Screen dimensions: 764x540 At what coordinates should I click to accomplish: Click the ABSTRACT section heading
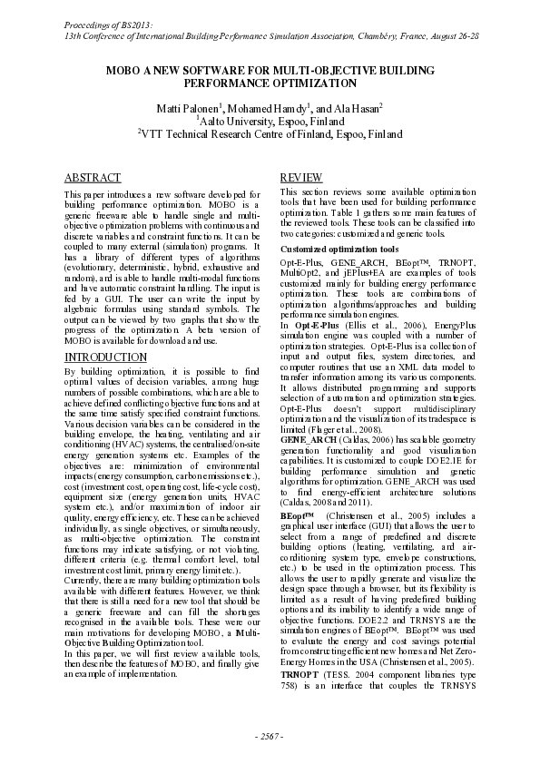(93, 178)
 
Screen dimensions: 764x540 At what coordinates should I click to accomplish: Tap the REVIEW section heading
(300, 178)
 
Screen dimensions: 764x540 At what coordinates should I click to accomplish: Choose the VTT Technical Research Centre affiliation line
(270, 132)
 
